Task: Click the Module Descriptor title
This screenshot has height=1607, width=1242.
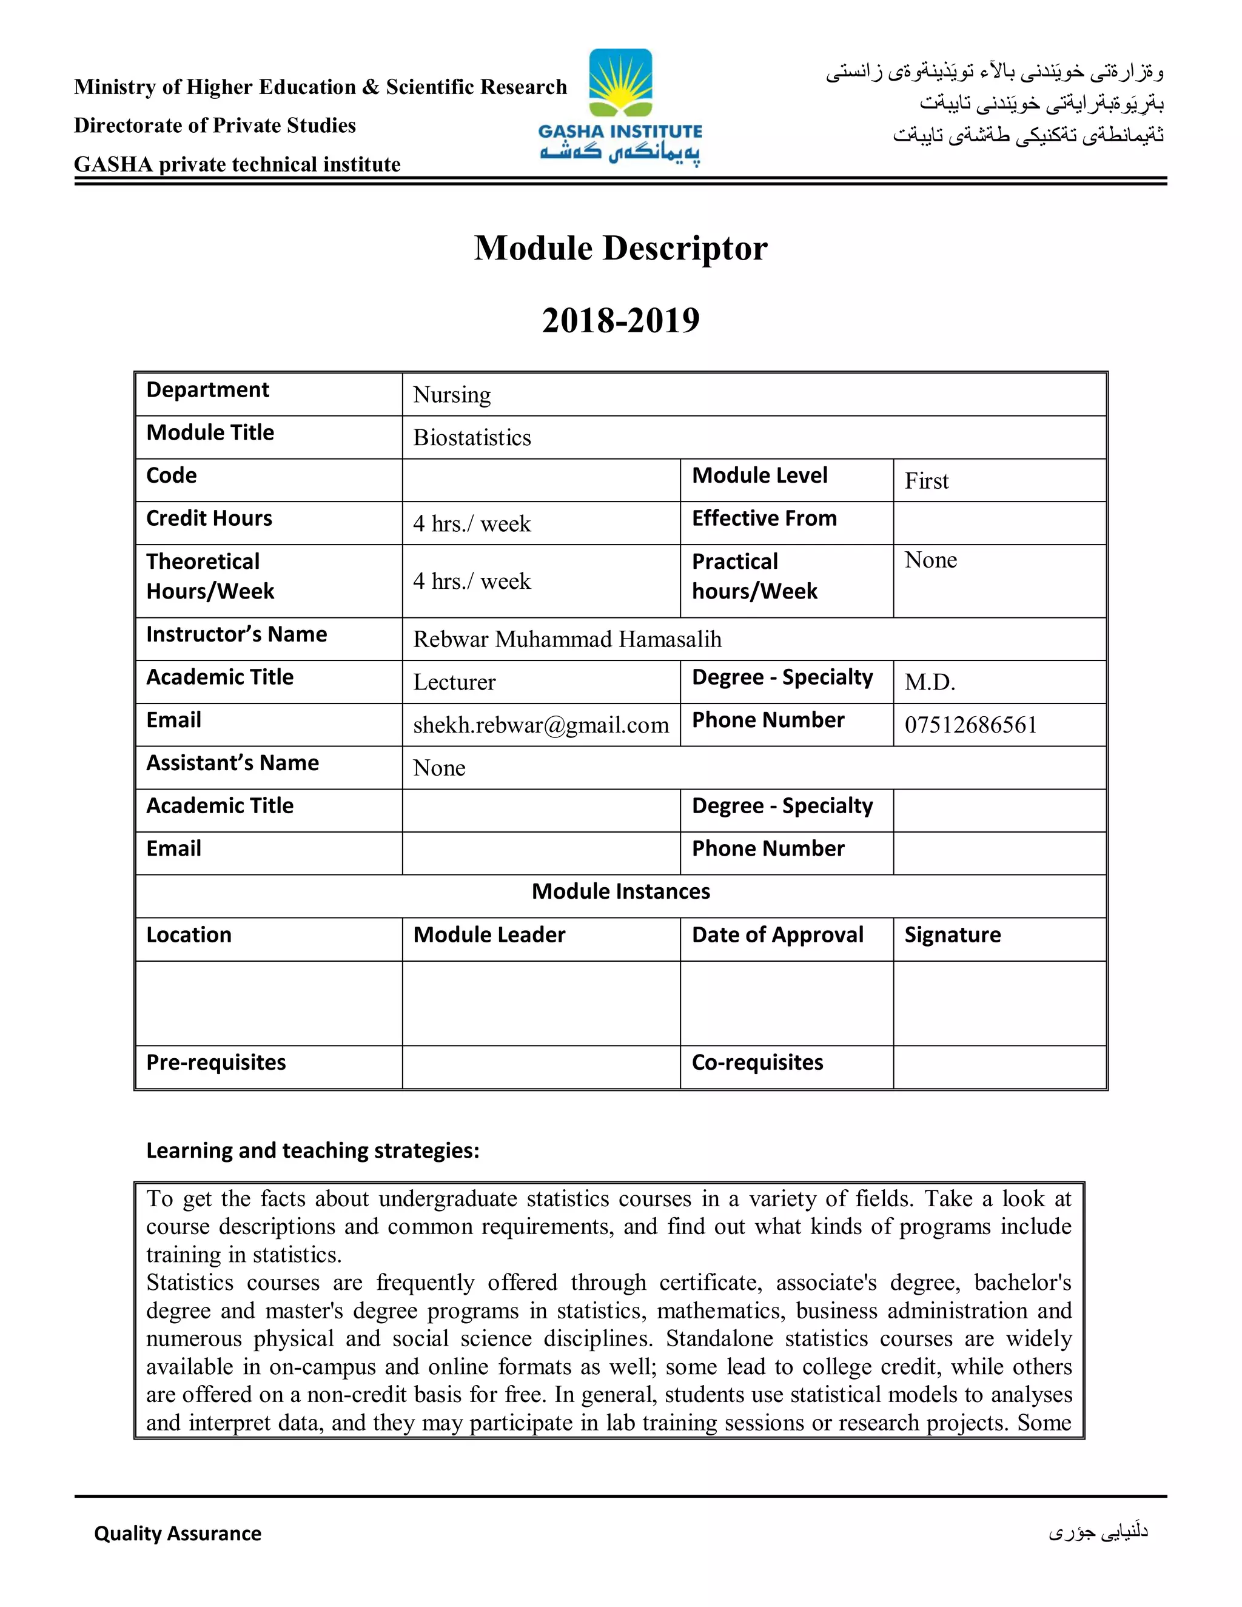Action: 620,248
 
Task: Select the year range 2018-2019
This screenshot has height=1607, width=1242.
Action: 620,320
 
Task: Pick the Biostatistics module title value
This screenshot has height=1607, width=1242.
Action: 472,438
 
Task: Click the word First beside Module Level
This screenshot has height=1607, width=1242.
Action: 927,481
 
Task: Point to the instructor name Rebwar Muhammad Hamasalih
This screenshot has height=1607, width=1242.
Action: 567,639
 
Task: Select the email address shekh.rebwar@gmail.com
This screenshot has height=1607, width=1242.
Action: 541,725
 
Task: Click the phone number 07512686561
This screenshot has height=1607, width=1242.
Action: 970,725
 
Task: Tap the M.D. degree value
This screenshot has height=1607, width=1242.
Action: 930,683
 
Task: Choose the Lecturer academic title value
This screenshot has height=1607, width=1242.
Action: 454,683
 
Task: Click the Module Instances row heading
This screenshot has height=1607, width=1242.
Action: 620,892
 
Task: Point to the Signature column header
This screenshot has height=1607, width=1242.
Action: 952,935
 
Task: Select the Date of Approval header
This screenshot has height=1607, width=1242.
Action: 777,935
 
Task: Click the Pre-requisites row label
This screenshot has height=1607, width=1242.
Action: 215,1062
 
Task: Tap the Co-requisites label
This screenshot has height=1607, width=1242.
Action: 757,1062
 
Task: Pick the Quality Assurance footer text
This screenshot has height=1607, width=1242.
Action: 177,1534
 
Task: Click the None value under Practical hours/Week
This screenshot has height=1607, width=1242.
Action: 931,561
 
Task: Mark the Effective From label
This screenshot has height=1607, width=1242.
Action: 765,518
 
